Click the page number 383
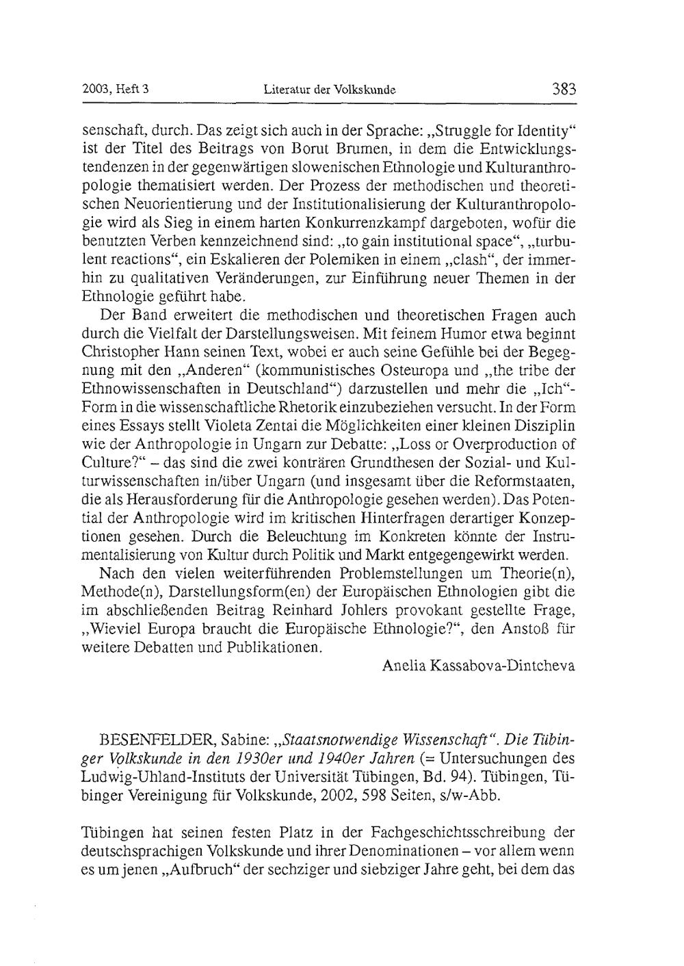coord(562,90)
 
